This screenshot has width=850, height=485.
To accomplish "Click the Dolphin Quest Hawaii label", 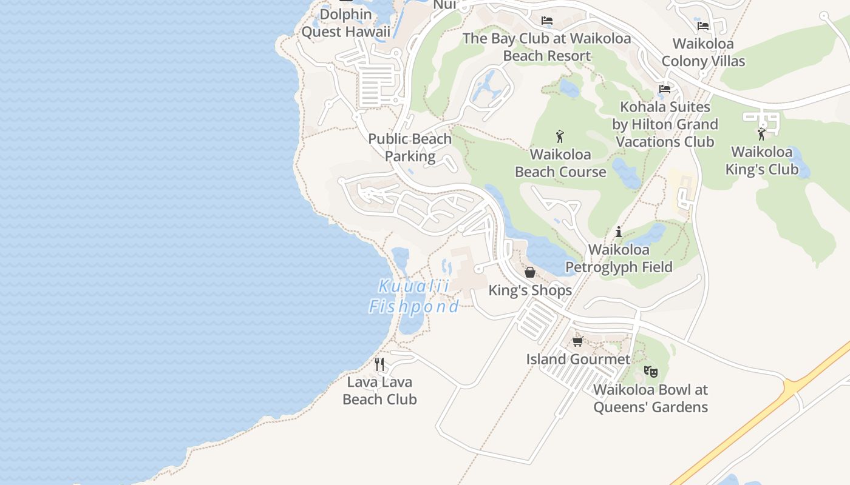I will click(345, 23).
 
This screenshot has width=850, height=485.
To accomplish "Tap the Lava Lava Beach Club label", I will click(379, 390).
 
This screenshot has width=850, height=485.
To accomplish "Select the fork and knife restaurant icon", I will click(379, 364).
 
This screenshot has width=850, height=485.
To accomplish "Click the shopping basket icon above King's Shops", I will click(530, 272).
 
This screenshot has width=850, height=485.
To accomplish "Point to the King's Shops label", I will click(530, 290).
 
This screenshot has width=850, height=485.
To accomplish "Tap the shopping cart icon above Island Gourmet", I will click(578, 341).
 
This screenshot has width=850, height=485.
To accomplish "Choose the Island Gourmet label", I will click(578, 359).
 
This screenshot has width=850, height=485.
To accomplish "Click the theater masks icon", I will click(650, 371).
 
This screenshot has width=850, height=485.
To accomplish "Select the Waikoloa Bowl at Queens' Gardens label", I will click(650, 398).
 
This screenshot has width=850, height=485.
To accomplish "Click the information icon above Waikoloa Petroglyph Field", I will click(619, 232).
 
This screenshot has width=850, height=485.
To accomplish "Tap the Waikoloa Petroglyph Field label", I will click(619, 258).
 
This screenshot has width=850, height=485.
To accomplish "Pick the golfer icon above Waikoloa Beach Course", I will click(560, 136).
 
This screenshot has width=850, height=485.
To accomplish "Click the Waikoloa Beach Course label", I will click(560, 163).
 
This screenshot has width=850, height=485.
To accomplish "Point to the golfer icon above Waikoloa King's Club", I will click(761, 134).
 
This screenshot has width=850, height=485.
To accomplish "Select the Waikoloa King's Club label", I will click(761, 161).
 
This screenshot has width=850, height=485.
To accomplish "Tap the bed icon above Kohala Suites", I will click(665, 89).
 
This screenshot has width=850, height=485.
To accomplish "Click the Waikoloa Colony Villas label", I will click(703, 52).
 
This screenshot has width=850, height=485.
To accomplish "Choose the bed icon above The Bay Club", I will click(547, 21).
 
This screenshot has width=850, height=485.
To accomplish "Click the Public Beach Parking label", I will click(410, 147).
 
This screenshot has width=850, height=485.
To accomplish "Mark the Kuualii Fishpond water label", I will click(414, 296).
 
